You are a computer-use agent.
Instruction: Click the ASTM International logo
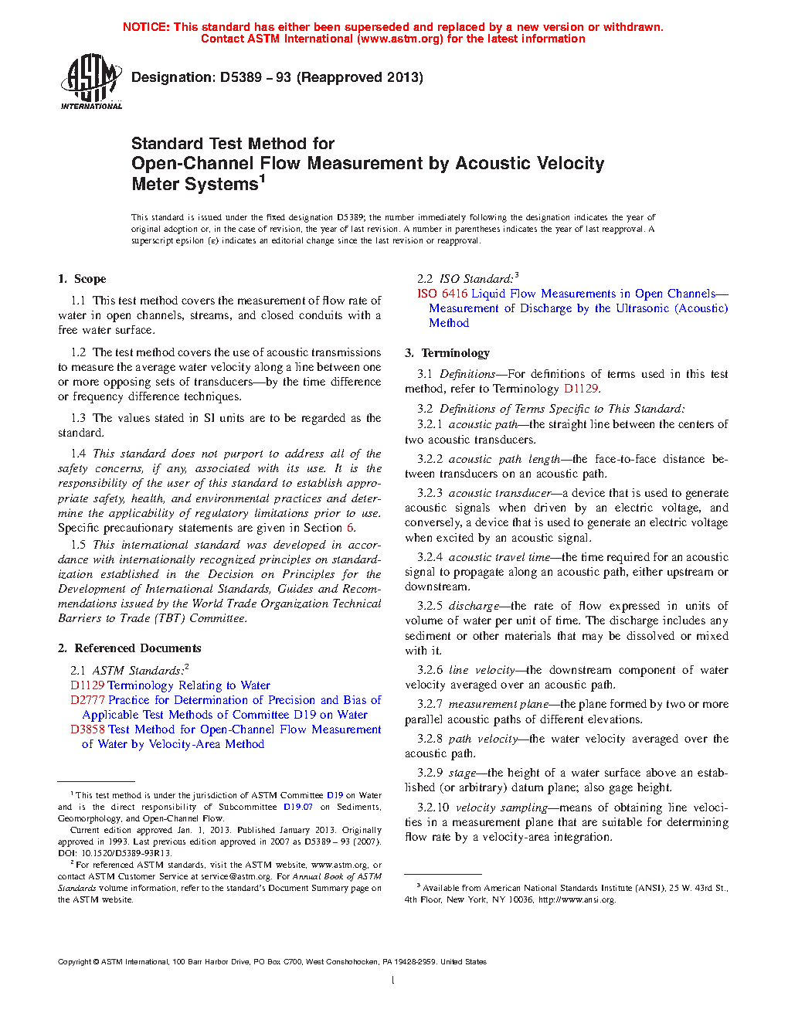[x=91, y=81]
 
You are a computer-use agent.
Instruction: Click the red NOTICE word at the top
[x=145, y=27]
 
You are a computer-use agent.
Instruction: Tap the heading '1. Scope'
[x=82, y=279]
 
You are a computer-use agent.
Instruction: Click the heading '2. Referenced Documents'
[x=129, y=648]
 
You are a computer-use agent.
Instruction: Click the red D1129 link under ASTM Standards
[x=87, y=685]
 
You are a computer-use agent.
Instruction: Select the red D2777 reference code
[x=87, y=700]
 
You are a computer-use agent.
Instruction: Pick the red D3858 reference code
[x=87, y=729]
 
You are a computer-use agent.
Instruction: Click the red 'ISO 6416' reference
[x=442, y=294]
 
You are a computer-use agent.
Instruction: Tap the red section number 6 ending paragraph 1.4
[x=350, y=528]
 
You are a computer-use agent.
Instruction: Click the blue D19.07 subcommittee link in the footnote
[x=297, y=807]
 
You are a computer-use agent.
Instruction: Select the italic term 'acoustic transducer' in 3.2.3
[x=500, y=493]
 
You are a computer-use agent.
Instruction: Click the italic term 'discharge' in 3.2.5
[x=474, y=606]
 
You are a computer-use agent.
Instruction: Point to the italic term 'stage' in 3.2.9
[x=462, y=773]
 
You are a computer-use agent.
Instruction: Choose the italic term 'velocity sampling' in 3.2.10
[x=501, y=807]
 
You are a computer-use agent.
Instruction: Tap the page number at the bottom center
[x=393, y=981]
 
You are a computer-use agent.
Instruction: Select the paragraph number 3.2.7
[x=430, y=704]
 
